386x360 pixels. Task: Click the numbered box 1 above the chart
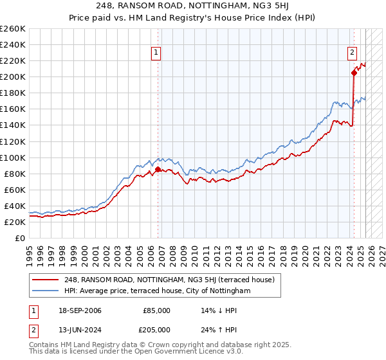coord(156,53)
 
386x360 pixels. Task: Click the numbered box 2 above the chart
coord(353,53)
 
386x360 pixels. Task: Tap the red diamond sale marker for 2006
coord(158,170)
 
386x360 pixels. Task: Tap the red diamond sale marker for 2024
coord(354,73)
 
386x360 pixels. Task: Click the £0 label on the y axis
coord(21,238)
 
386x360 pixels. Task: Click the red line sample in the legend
coord(45,280)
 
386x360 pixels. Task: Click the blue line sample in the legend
coord(45,291)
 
